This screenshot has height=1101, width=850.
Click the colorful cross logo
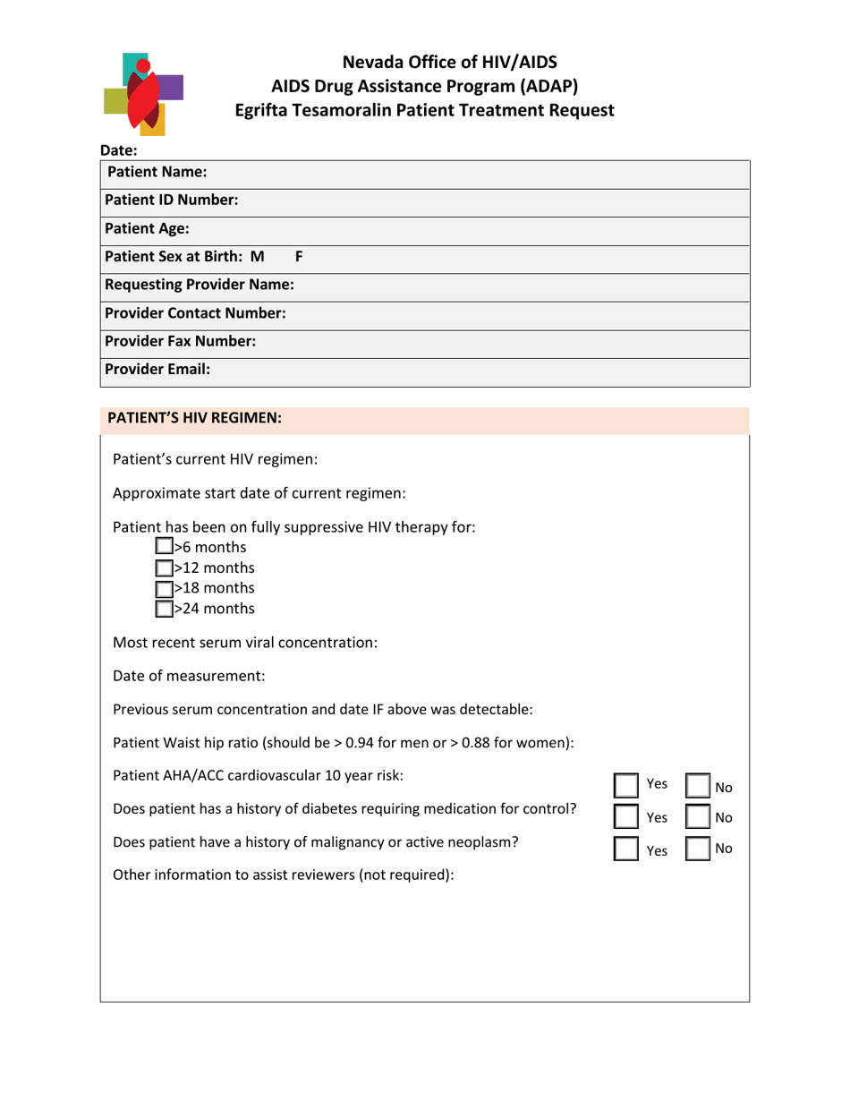tap(143, 92)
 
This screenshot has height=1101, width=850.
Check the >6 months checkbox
tap(164, 547)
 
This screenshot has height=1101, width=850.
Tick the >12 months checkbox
tap(164, 568)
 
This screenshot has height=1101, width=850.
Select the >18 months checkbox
tap(164, 588)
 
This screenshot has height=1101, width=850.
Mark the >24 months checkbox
tap(164, 609)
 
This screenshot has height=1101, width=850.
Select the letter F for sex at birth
tap(299, 256)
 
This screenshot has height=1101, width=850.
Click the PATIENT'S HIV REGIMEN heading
tap(194, 418)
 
